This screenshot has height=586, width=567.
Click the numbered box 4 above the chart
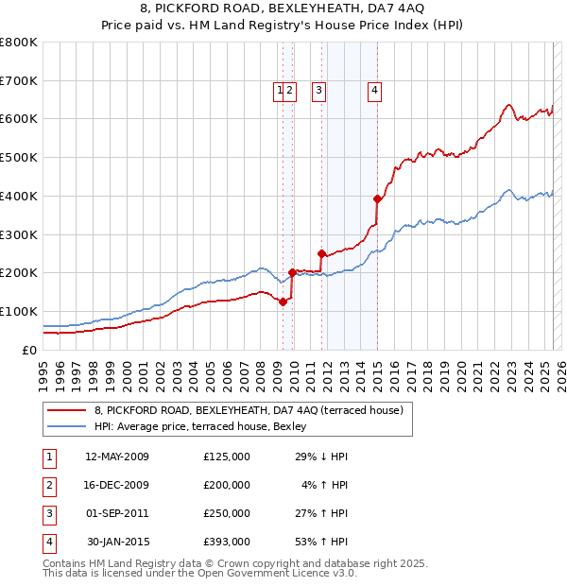pos(375,91)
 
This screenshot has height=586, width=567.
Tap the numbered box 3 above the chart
pos(319,91)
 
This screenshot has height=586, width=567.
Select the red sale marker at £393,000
pos(377,198)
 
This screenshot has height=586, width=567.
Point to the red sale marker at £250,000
pos(321,253)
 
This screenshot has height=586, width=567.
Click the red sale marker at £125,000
pos(283,302)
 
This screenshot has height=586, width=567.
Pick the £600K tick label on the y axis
pos(19,119)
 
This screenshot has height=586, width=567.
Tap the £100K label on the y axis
pos(19,311)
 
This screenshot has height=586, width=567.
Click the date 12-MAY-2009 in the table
pos(117,457)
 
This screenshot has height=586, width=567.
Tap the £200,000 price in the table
pos(227,485)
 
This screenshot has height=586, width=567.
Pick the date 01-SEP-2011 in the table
pos(117,513)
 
